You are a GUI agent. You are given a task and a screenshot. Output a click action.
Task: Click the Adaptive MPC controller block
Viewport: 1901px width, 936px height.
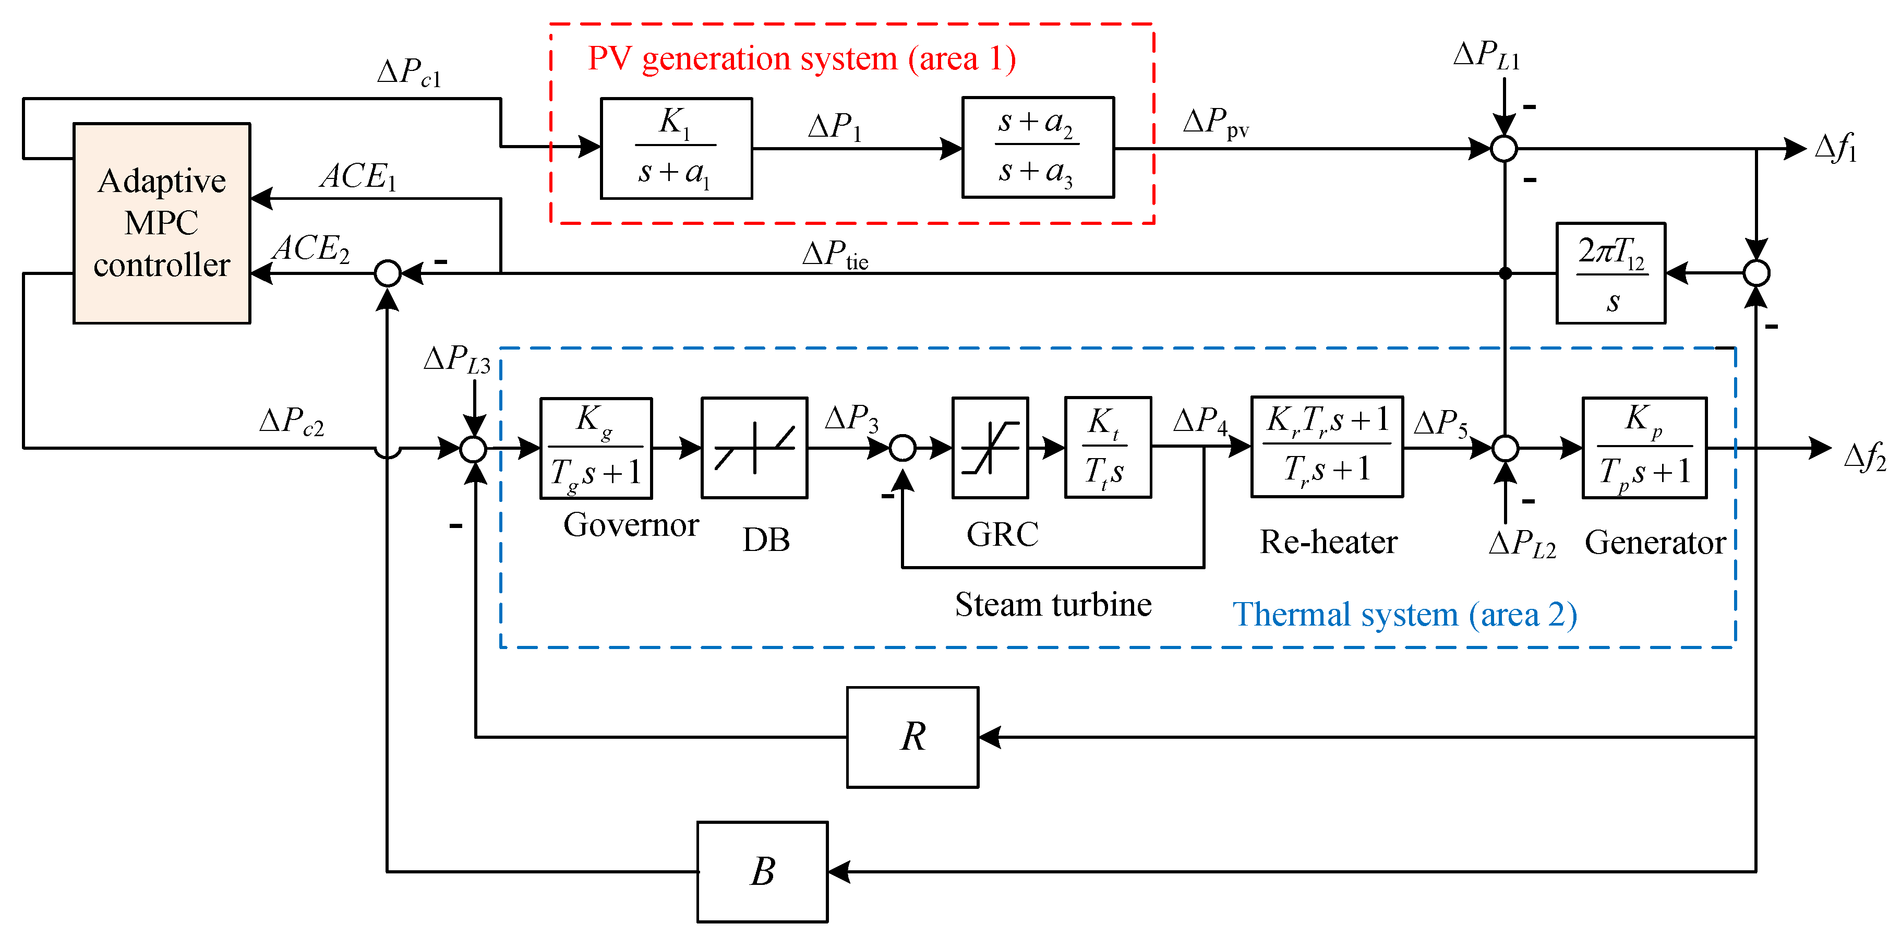(162, 223)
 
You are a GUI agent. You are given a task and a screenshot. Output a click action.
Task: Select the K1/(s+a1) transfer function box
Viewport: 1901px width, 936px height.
(676, 148)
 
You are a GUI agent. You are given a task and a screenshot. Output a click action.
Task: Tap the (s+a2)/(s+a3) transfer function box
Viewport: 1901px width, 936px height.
(1038, 148)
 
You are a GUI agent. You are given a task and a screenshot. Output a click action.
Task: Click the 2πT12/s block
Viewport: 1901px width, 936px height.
(1610, 273)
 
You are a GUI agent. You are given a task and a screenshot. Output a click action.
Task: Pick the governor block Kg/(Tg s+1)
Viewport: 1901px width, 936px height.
(596, 448)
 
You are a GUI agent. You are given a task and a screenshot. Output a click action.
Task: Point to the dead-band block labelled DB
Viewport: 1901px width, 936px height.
(754, 448)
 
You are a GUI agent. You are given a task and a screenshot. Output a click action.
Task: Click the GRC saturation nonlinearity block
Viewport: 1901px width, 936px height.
(990, 448)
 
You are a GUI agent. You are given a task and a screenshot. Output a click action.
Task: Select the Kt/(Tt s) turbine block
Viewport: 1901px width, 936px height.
(1108, 448)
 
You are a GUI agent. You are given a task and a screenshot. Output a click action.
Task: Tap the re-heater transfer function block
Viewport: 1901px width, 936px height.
(1326, 447)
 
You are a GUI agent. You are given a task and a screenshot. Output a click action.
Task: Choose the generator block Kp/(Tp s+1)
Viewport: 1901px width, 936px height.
(1644, 448)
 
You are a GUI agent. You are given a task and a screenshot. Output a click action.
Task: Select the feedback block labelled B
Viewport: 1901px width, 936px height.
(762, 872)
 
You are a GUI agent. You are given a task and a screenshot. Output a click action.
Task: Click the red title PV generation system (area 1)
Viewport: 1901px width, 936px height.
(801, 58)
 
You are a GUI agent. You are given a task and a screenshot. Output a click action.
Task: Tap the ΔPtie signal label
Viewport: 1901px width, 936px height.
(835, 255)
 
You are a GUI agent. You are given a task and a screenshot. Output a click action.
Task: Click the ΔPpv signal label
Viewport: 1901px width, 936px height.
(1214, 122)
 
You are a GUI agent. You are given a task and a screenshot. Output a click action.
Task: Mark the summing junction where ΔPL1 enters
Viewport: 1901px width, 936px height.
(1504, 148)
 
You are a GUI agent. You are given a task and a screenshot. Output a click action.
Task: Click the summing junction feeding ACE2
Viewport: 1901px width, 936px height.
(388, 273)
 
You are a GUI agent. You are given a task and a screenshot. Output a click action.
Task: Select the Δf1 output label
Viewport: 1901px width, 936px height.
(1836, 148)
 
